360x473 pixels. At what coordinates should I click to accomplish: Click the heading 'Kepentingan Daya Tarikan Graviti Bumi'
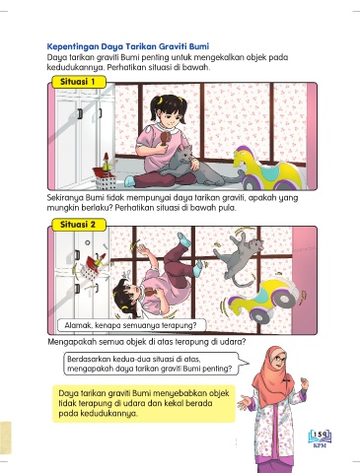[x=128, y=46]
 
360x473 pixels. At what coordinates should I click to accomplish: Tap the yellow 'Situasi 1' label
[x=79, y=82]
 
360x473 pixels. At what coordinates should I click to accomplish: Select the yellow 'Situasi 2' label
[x=79, y=225]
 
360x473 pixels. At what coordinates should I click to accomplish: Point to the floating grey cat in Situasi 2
[x=239, y=257]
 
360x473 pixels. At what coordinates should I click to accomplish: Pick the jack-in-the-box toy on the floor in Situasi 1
[x=106, y=173]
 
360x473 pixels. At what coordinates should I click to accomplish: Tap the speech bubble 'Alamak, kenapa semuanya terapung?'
[x=131, y=325]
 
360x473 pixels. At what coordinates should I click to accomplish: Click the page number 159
[x=320, y=435]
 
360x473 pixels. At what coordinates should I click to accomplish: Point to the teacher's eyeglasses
[x=280, y=358]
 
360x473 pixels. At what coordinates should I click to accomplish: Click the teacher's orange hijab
[x=273, y=377]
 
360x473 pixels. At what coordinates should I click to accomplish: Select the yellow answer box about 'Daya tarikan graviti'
[x=144, y=403]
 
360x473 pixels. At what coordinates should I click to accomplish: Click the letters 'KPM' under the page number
[x=320, y=445]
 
